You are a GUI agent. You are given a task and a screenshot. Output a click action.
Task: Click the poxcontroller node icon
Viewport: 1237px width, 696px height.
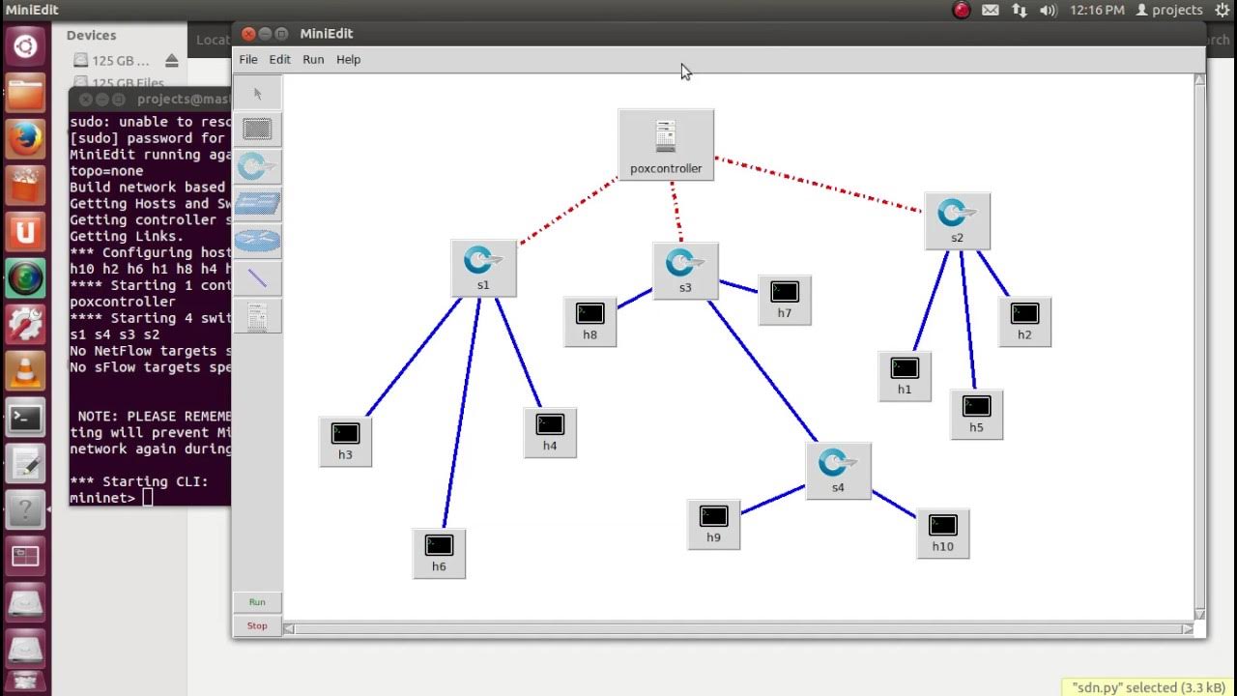tap(666, 137)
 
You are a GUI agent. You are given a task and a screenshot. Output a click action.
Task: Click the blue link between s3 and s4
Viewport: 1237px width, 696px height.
tap(763, 371)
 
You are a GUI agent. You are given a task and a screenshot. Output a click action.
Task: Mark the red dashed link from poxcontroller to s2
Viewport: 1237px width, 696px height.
tap(821, 185)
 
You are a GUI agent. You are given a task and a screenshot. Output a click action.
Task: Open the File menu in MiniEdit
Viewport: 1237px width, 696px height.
tap(248, 60)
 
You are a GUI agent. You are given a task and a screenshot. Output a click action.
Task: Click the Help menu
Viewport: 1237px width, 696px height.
tap(348, 60)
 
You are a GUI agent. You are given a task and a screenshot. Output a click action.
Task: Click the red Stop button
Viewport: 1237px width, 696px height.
tap(257, 626)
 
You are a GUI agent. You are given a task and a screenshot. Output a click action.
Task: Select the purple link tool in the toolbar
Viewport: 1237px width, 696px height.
tap(257, 278)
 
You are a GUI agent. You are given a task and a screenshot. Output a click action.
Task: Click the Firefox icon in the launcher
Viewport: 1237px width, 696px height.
tap(26, 139)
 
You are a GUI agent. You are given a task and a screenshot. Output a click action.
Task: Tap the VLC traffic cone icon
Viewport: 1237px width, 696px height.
tap(26, 371)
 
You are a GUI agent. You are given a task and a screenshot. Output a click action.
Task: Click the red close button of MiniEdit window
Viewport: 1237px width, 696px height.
tap(248, 34)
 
